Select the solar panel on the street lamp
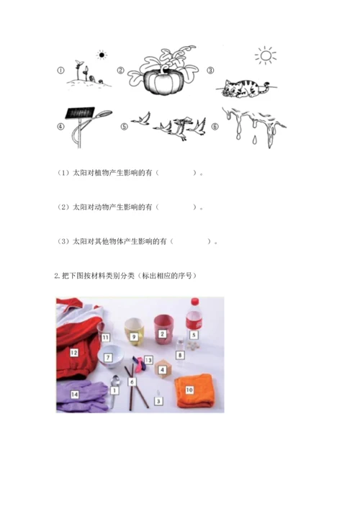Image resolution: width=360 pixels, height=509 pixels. tap(80, 113)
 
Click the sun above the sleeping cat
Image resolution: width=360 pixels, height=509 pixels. tap(266, 55)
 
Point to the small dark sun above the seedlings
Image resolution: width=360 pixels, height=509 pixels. tap(102, 55)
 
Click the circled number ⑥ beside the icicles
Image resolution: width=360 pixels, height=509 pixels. tap(215, 127)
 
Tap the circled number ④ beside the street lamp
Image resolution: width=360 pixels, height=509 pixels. tap(60, 127)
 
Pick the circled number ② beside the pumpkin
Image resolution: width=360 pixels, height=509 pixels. tap(120, 70)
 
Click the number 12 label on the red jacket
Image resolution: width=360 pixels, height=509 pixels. tap(74, 352)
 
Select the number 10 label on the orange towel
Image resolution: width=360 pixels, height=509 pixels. tap(189, 389)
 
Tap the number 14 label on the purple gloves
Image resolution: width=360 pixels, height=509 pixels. tap(74, 394)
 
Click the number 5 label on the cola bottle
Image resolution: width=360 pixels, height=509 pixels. tap(194, 335)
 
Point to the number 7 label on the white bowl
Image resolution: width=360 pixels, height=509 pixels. tap(108, 357)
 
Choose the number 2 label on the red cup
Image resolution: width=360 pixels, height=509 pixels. tap(162, 334)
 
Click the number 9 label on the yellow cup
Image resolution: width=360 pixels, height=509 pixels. tap(134, 337)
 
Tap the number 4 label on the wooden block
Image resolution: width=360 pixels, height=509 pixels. tap(162, 369)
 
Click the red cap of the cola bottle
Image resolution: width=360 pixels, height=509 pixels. tap(194, 302)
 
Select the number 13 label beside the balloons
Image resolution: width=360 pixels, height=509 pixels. tap(148, 360)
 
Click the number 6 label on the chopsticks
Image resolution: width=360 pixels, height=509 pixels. tap(132, 382)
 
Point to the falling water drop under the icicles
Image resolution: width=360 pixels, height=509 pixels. tap(254, 140)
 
